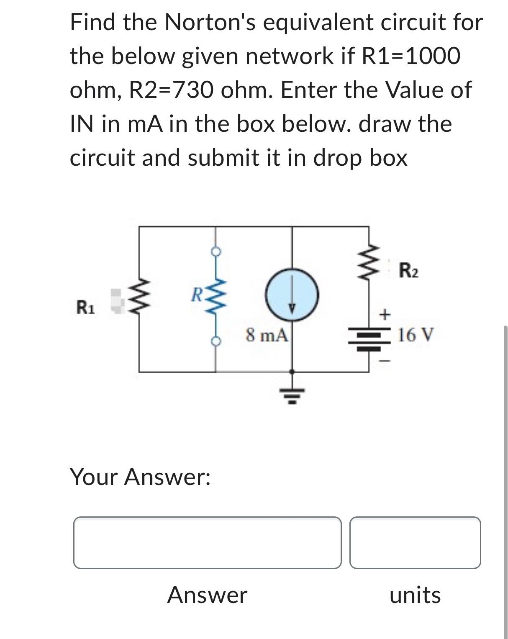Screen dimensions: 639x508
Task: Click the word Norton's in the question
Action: point(211,23)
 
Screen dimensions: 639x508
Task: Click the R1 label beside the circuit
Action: point(85,308)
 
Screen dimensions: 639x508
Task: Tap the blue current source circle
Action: point(292,295)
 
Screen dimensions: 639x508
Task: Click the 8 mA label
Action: point(267,335)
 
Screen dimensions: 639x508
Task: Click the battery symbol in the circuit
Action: point(369,339)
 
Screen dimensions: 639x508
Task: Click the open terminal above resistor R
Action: point(216,251)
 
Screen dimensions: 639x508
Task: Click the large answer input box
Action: point(207,542)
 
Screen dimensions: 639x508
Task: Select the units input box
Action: point(415,542)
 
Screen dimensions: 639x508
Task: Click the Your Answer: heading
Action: point(140,477)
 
